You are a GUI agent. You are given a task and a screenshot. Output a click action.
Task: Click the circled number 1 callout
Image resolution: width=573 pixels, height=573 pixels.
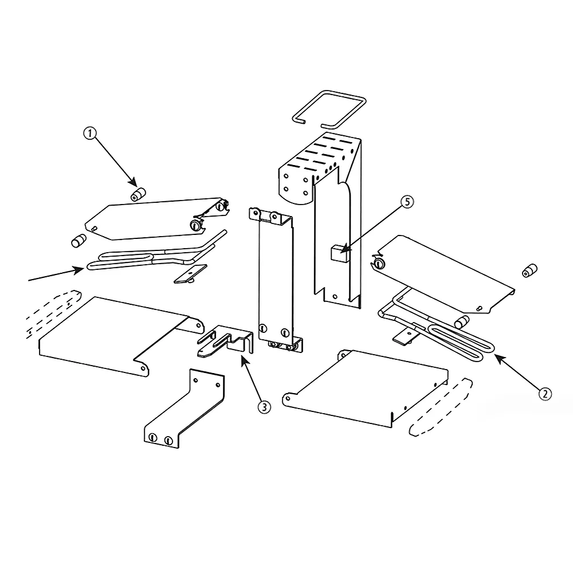coord(91,134)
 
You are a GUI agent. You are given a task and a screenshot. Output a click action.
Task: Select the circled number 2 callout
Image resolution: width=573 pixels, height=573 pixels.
coord(545,393)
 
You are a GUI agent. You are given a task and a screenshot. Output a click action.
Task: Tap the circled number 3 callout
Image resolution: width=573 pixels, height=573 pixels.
coord(264,407)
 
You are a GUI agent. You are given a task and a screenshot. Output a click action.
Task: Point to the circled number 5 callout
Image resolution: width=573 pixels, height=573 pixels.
coord(406,202)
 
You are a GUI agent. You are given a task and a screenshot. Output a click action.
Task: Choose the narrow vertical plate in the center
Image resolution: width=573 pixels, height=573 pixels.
coord(275,281)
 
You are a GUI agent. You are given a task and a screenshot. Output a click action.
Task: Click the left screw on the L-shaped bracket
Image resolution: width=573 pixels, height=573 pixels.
coord(152,438)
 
